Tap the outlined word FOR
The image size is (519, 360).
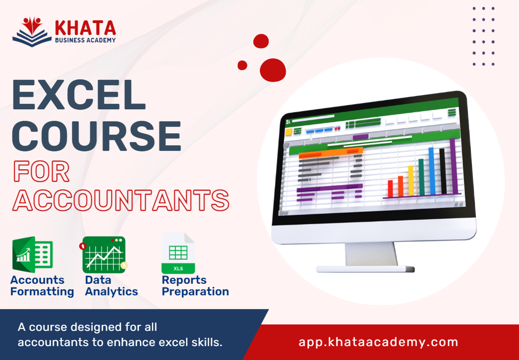(42, 172)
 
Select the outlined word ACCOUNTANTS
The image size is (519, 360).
(121, 200)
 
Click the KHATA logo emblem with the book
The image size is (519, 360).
(32, 31)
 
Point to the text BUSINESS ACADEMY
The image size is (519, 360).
(85, 40)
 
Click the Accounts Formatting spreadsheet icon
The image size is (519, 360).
(32, 254)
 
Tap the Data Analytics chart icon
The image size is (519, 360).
(104, 254)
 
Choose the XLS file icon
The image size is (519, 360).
(178, 254)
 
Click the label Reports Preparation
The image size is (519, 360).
(195, 286)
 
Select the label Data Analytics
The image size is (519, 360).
(111, 286)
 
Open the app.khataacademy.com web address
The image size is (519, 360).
(378, 342)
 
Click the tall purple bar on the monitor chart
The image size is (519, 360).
(453, 166)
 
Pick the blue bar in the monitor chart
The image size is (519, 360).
(432, 171)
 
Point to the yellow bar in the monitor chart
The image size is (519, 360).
(411, 181)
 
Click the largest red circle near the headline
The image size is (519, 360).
(273, 70)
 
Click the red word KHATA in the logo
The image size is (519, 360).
(85, 28)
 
